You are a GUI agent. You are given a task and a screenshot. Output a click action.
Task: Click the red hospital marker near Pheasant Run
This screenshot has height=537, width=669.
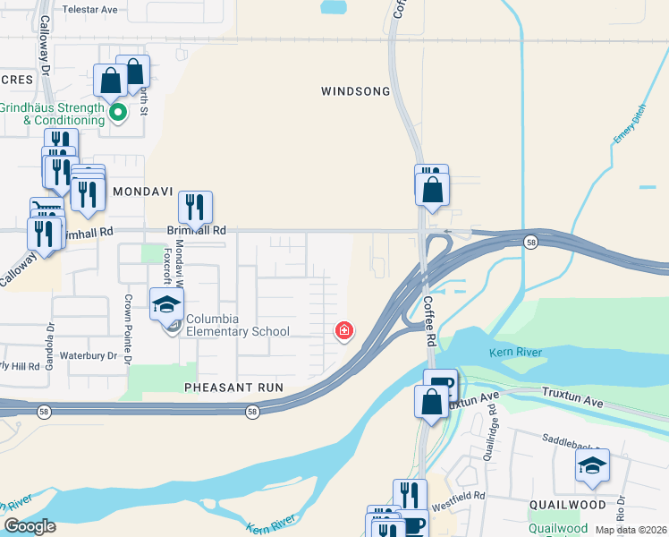[x=343, y=332]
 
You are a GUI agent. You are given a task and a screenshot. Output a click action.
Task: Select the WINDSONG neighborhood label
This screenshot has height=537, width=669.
[x=356, y=91]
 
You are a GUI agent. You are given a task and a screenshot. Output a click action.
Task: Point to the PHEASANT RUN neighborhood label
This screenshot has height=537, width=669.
[x=233, y=388]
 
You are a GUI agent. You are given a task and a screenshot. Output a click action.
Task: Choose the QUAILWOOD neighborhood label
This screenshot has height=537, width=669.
[x=566, y=505]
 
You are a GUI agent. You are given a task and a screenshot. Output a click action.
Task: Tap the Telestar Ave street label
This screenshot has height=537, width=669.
[x=90, y=9]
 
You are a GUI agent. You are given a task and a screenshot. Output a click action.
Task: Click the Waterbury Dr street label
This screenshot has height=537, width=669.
[x=93, y=355]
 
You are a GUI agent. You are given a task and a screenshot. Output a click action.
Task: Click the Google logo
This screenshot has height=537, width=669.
[x=30, y=526]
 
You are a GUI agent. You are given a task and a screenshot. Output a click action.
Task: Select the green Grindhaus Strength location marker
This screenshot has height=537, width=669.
[x=116, y=113]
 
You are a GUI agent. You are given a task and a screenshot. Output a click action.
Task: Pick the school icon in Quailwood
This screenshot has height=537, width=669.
[x=592, y=466]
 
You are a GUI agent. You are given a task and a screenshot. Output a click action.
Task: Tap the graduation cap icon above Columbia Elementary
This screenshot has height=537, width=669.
[x=165, y=304]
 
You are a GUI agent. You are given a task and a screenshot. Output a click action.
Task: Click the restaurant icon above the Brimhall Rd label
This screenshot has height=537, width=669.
[x=195, y=208]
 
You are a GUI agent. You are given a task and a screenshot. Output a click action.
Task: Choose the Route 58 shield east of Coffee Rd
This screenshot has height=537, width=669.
[x=530, y=242]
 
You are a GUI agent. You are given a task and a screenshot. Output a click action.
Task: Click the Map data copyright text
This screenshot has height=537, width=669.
[x=630, y=530]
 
